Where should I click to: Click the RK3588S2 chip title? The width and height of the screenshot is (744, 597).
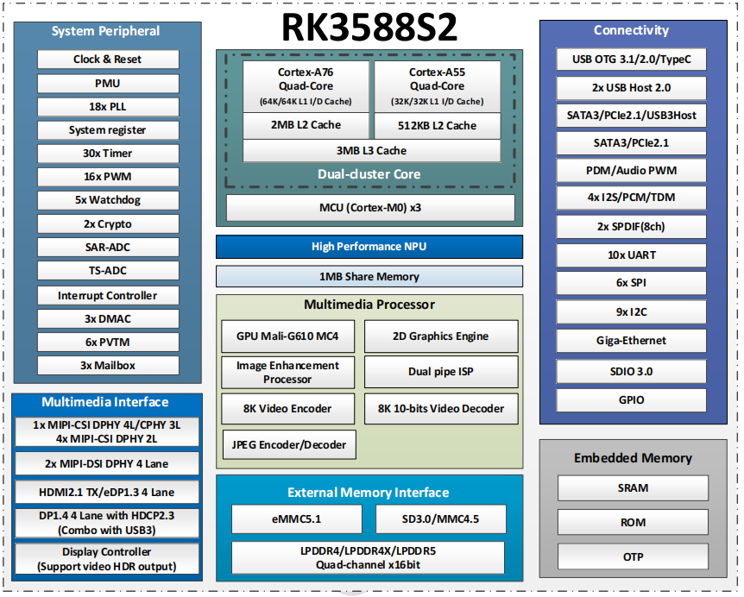(369, 28)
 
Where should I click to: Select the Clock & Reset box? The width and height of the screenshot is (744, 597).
(108, 60)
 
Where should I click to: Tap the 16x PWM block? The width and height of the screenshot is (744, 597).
(108, 176)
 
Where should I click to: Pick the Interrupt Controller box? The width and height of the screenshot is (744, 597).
(108, 295)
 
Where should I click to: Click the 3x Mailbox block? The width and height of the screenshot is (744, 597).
(108, 365)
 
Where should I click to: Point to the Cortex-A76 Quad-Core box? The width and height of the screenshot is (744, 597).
(306, 85)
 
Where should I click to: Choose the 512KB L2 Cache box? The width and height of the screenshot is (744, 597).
(437, 126)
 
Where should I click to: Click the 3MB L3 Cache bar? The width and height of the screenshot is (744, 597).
(371, 151)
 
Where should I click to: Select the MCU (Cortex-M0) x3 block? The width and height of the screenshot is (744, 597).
(370, 208)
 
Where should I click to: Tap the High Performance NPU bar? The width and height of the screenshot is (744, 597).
(369, 247)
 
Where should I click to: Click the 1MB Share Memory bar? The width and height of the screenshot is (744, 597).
(369, 276)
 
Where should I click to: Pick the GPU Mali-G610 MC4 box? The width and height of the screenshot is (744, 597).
(287, 336)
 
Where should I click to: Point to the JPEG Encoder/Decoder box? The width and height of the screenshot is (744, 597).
(289, 445)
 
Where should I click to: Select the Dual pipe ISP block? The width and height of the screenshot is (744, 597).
(441, 371)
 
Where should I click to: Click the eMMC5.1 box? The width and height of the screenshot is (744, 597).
(297, 518)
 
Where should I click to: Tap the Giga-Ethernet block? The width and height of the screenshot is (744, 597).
(631, 341)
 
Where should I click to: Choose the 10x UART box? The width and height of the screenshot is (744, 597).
(631, 255)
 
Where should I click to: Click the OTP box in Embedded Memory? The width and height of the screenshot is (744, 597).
(633, 556)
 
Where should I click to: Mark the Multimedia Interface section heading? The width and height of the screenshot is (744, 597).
(104, 402)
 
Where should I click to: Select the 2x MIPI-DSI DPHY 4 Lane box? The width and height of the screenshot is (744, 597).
(107, 464)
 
